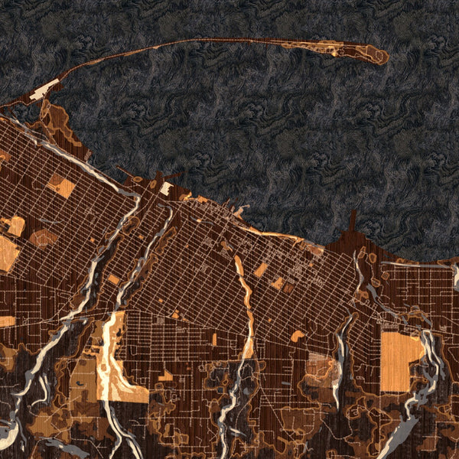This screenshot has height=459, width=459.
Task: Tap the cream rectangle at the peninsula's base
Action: pyautogui.click(x=44, y=89)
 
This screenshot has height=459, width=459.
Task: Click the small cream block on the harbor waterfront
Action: pyautogui.click(x=165, y=187)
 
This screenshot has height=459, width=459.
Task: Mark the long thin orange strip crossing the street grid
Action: pyautogui.click(x=246, y=306)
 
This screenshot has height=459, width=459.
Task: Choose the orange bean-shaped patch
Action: pyautogui.click(x=44, y=239)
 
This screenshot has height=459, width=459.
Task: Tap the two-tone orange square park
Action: pyautogui.click(x=61, y=186)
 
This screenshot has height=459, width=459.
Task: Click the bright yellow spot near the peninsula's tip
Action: pyautogui.click(x=335, y=54)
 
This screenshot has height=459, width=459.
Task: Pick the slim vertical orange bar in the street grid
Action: pyautogui.click(x=214, y=339)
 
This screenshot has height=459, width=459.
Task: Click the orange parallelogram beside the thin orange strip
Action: pyautogui.click(x=261, y=270)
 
